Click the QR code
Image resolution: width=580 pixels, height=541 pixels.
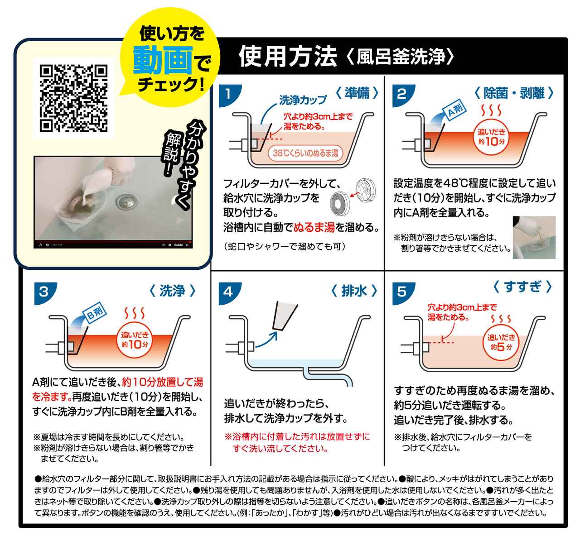pyautogui.click(x=74, y=98)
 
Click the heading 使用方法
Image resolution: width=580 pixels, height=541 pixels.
pyautogui.click(x=288, y=56)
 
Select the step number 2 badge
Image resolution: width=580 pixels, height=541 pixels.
pyautogui.click(x=401, y=94)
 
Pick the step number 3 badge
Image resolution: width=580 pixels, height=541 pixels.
pyautogui.click(x=43, y=291)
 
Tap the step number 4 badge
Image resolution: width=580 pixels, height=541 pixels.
pyautogui.click(x=228, y=291)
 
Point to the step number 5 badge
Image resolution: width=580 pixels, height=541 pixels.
pyautogui.click(x=401, y=291)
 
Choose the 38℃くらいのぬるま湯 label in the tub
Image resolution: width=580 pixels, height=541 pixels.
pyautogui.click(x=305, y=153)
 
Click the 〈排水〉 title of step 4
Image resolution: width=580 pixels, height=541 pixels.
pyautogui.click(x=354, y=291)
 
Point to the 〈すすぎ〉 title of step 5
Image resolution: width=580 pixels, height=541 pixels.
pyautogui.click(x=522, y=286)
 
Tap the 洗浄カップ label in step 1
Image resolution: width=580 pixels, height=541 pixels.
pyautogui.click(x=303, y=100)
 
